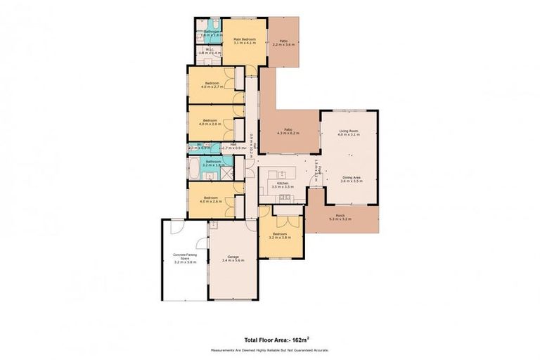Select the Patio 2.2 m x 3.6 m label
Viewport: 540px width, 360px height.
pos(283,42)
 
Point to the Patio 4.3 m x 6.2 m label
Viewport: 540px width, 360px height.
pos(288,131)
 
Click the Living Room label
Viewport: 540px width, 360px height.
pos(349,131)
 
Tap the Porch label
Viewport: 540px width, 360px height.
pos(340,217)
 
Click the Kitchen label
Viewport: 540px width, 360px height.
pos(281,186)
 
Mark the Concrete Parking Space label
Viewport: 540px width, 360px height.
pos(186,257)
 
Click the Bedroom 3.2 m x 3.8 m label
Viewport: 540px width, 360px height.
pos(280,236)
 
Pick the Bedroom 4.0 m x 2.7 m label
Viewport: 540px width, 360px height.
pos(213,86)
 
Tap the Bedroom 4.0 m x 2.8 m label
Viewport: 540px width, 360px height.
pos(212,122)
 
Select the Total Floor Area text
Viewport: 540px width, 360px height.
pos(269,339)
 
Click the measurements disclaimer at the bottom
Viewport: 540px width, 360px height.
pos(269,349)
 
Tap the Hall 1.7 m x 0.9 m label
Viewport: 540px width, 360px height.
pos(233,146)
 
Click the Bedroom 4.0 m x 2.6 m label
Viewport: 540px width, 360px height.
pos(212,200)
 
